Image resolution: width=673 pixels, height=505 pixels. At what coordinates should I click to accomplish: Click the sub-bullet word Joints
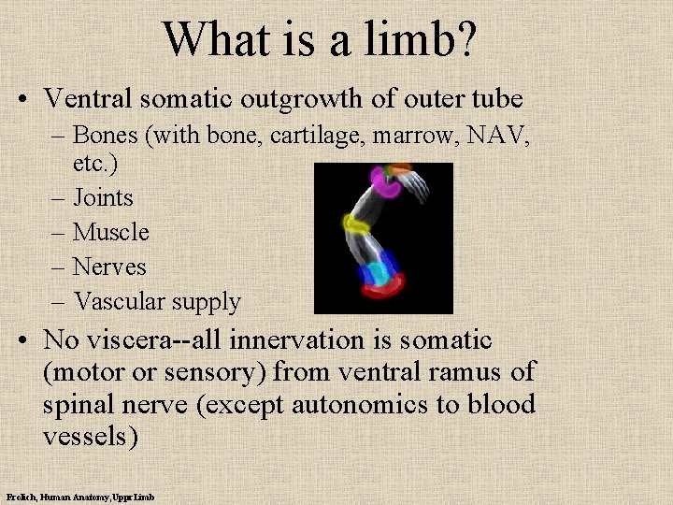(103, 198)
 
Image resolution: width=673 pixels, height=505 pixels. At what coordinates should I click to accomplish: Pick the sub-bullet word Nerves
(109, 267)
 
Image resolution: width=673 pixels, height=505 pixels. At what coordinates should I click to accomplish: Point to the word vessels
(89, 438)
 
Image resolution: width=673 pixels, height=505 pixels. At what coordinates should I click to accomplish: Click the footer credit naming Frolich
(79, 497)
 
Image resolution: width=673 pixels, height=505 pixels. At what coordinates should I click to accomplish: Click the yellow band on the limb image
(355, 224)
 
